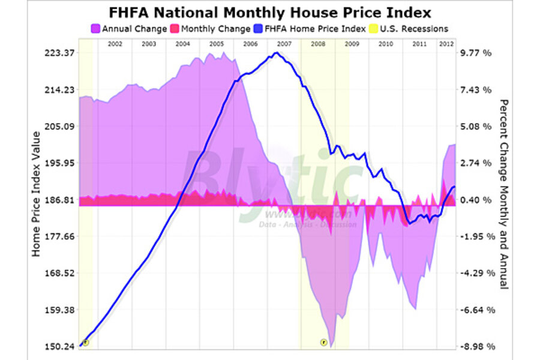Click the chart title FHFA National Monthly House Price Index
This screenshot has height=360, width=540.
pos(270,12)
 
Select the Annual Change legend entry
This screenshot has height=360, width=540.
pos(129,28)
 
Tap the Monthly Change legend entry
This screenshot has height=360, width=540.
pos(211,28)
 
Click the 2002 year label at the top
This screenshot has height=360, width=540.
pos(115,44)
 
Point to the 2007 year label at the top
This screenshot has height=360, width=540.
pos(284,44)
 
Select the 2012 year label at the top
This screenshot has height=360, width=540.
pos(446,44)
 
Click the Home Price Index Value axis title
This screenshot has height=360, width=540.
pos(37,193)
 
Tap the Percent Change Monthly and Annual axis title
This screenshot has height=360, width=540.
pos(503,193)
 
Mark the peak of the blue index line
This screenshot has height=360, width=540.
pos(276,53)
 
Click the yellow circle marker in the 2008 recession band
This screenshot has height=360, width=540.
pos(323,343)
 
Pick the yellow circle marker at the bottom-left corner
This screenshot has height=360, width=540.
pos(85,343)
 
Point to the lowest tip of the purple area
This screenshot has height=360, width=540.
pos(332,346)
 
